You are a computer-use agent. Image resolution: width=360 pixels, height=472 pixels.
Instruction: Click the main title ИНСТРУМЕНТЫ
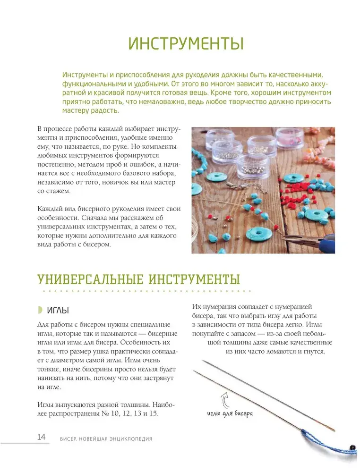[186, 44]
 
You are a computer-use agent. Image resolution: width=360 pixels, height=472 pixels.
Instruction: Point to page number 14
[41, 437]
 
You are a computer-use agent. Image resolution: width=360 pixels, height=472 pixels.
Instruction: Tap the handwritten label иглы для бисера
[230, 414]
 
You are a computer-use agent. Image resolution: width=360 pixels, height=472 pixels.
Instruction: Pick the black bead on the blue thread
[352, 446]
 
